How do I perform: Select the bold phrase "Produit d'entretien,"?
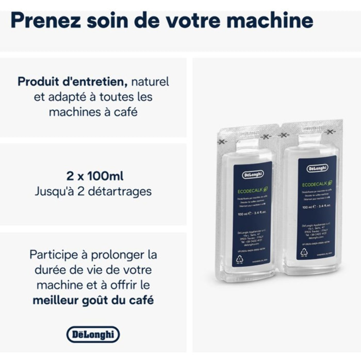pyautogui.click(x=72, y=81)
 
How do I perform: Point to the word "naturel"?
pyautogui.click(x=150, y=81)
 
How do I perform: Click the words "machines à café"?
pyautogui.click(x=93, y=111)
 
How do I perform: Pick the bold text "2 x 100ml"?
pyautogui.click(x=93, y=175)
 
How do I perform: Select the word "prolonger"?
pyautogui.click(x=121, y=255)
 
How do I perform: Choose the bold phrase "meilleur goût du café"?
pyautogui.click(x=93, y=300)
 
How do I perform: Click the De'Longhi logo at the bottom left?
pyautogui.click(x=93, y=334)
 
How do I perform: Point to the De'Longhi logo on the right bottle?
pyautogui.click(x=318, y=168)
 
